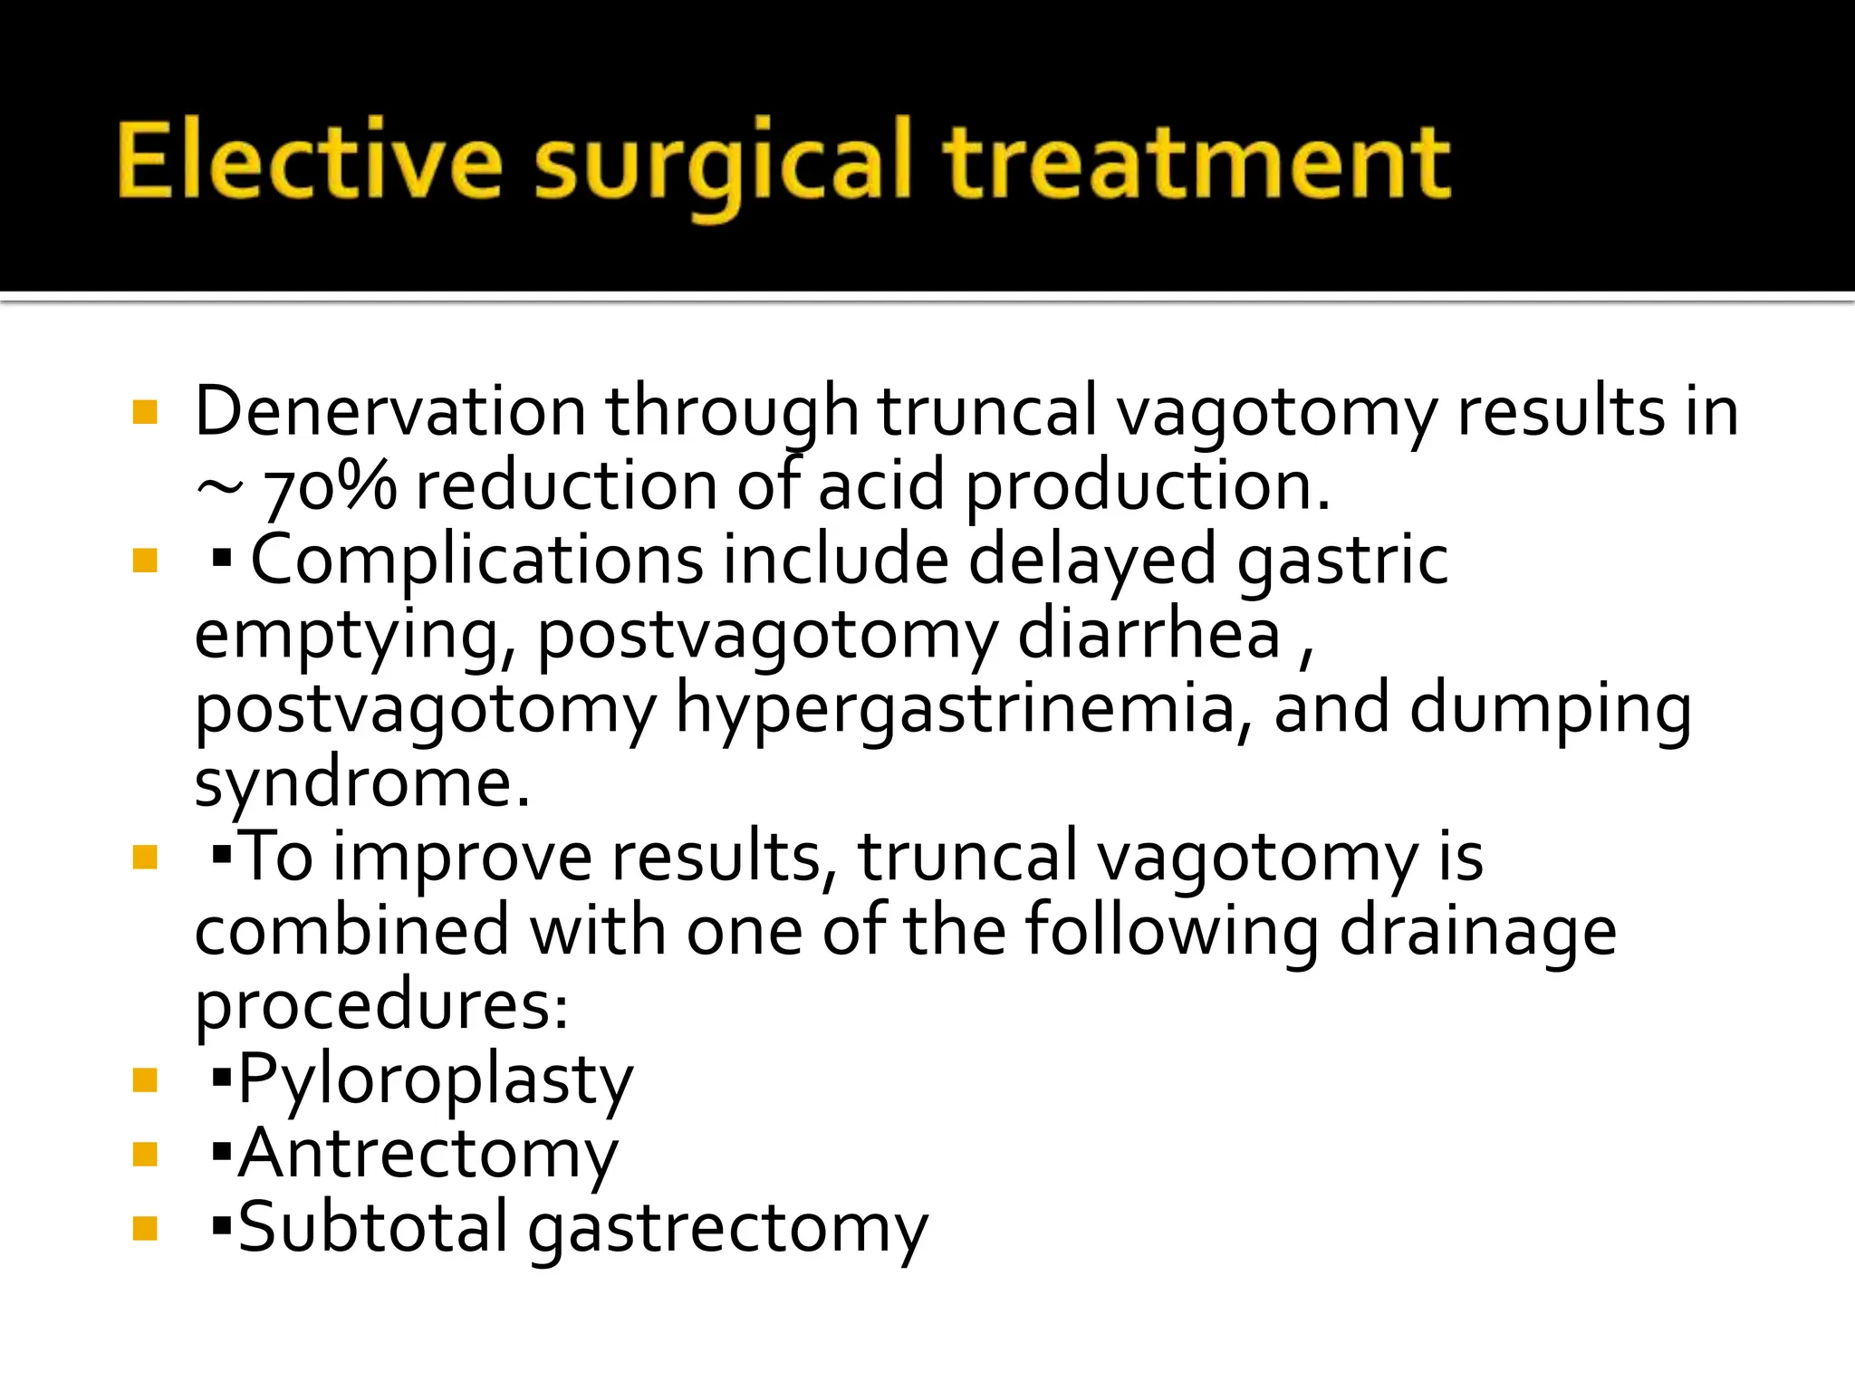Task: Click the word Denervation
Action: tap(389, 412)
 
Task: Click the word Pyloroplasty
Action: tap(435, 1080)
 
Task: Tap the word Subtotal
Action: tap(372, 1229)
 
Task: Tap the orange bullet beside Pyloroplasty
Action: tap(145, 1079)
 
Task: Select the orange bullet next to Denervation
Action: tap(145, 413)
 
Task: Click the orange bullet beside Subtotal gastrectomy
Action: tap(145, 1228)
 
